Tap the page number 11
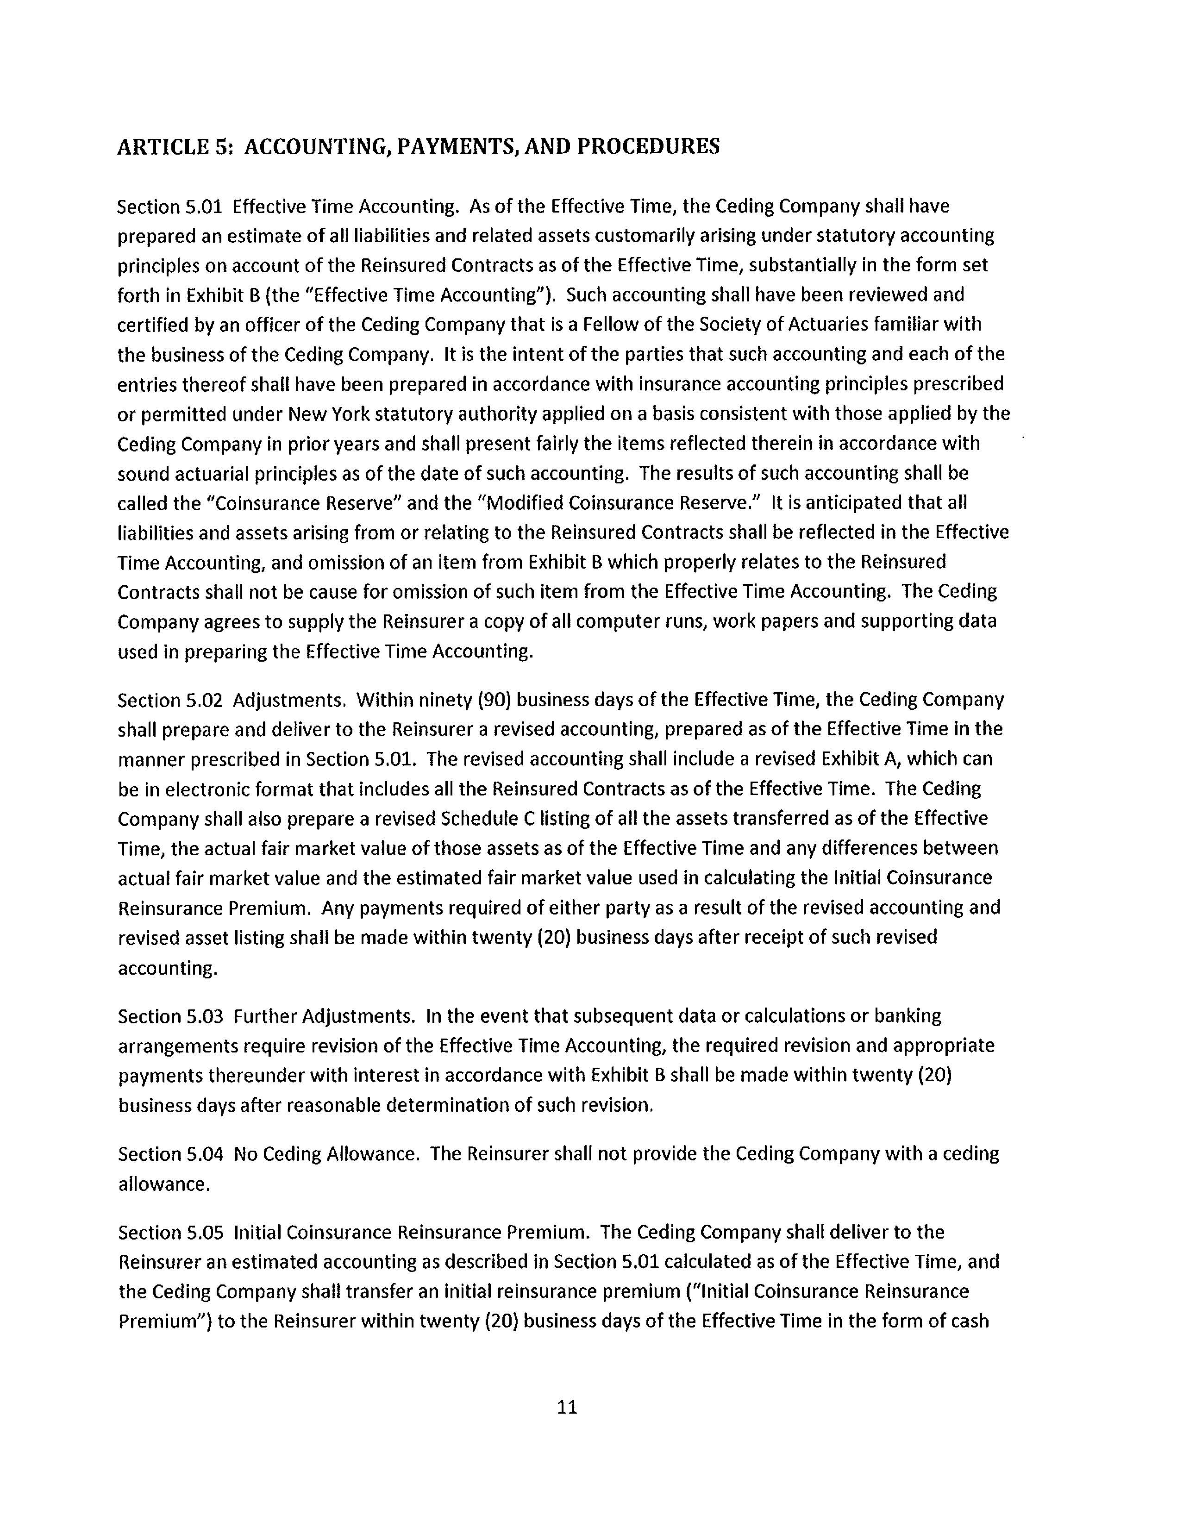(x=567, y=1406)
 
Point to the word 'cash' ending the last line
(x=969, y=1321)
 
